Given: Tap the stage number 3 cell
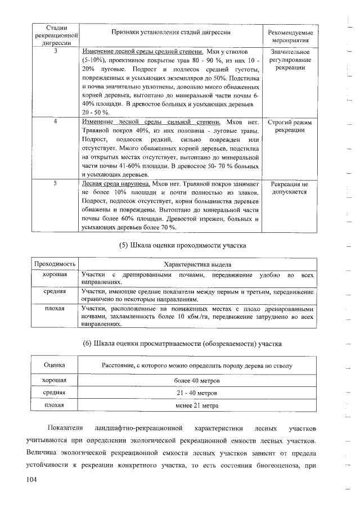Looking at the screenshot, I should [x=55, y=52].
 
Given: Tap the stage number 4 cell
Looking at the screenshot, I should [x=55, y=121].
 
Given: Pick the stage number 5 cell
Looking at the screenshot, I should [x=55, y=183].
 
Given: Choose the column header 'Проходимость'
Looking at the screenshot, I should [x=55, y=264].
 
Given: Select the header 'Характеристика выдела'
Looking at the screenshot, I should [x=196, y=264].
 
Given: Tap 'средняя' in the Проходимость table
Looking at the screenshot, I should [x=55, y=291].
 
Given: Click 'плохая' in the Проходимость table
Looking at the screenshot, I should [x=55, y=309].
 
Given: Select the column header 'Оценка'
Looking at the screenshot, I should [x=55, y=366].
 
